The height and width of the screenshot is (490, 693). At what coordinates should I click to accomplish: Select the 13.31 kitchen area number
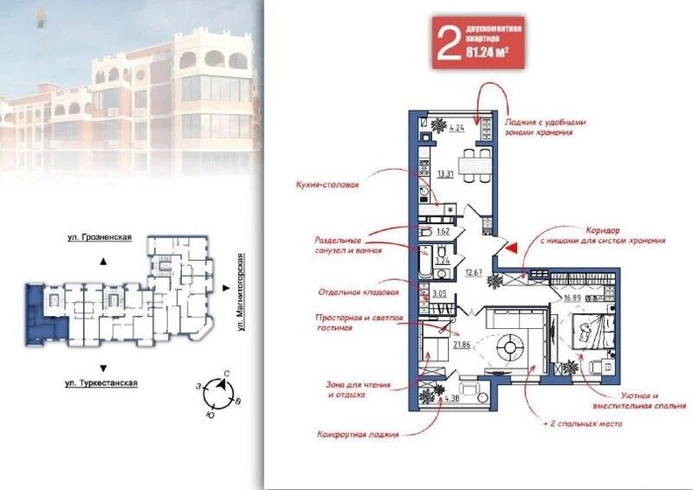pyautogui.click(x=444, y=172)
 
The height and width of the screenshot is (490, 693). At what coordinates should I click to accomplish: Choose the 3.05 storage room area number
pyautogui.click(x=439, y=294)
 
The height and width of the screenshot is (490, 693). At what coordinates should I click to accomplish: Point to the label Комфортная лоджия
pyautogui.click(x=358, y=434)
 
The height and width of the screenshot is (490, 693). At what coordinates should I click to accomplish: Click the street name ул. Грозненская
pyautogui.click(x=100, y=237)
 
